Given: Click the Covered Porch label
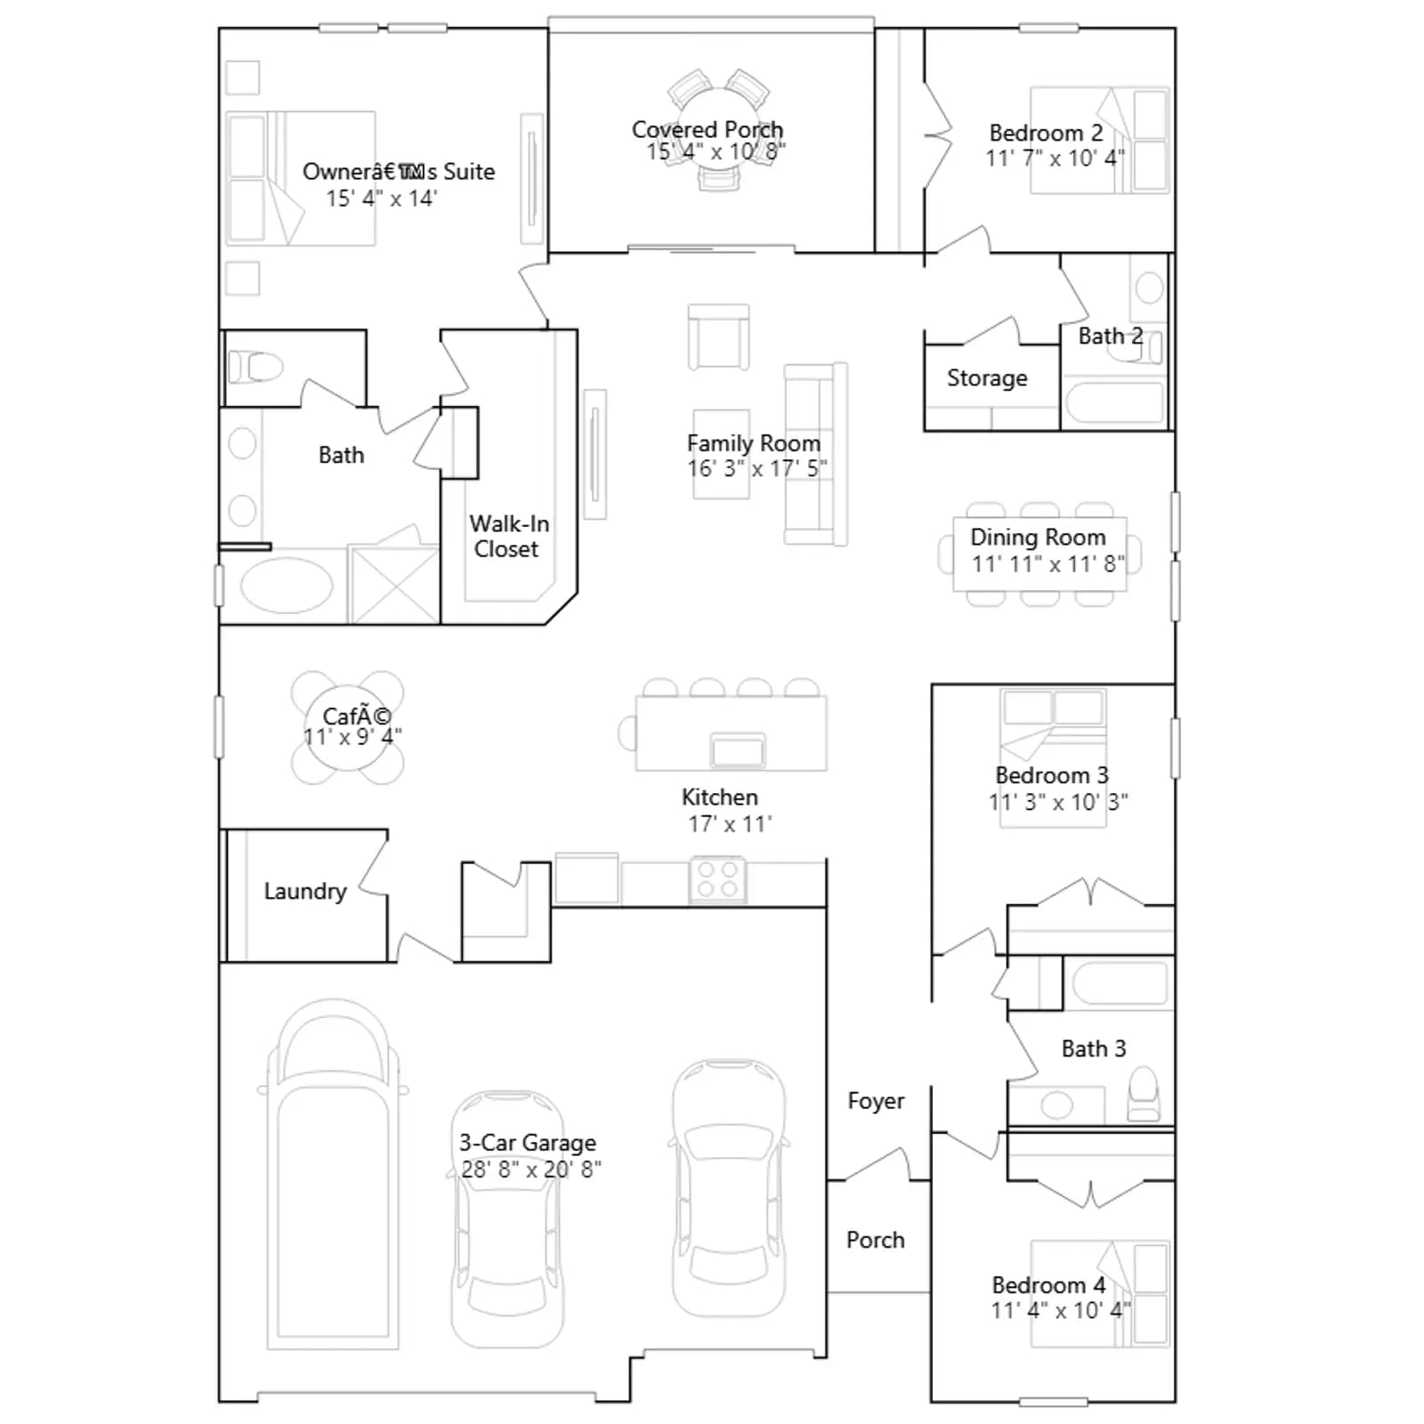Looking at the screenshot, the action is click(x=708, y=130).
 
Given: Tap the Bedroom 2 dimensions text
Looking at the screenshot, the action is click(x=1055, y=158).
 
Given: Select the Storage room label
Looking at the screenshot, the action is click(x=987, y=378).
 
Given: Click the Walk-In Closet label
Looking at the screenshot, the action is click(x=508, y=536).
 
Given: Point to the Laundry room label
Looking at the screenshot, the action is click(x=305, y=892).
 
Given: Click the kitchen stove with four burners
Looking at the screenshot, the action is click(x=718, y=880).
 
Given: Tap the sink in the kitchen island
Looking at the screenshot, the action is click(x=738, y=750).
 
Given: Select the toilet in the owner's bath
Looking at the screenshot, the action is click(x=255, y=366).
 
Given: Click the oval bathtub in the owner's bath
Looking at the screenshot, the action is click(x=285, y=586).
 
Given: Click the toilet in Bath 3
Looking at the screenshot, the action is click(x=1144, y=1095).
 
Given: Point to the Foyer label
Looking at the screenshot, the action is click(x=876, y=1102).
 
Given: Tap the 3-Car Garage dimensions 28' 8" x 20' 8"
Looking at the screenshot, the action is click(x=530, y=1169).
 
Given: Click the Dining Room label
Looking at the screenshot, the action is click(x=1038, y=538).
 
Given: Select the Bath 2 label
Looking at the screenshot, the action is click(x=1111, y=336).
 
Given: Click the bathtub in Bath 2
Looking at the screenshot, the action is click(x=1115, y=403).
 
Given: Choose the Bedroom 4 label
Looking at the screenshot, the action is click(x=1048, y=1285).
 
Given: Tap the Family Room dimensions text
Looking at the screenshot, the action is click(x=757, y=468).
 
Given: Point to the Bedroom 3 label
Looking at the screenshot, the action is click(x=1052, y=776).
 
